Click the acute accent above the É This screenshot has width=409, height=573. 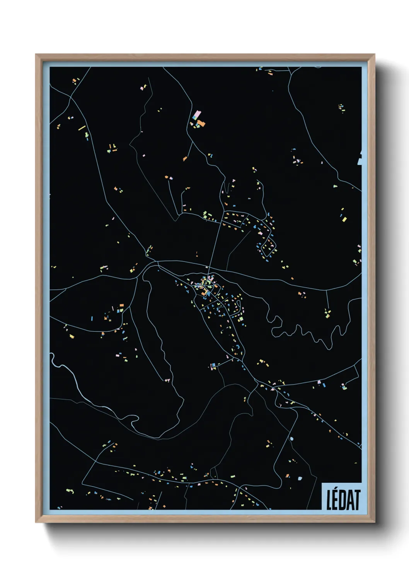pos(336,491)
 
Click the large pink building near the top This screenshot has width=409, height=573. pos(197,115)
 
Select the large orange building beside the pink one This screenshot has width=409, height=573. pos(201,124)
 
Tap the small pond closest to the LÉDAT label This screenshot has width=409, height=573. pos(300,479)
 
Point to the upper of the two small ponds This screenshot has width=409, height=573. pos(291,439)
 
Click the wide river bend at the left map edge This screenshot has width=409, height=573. pos(58,364)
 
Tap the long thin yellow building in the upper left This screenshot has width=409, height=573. pos(82,128)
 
